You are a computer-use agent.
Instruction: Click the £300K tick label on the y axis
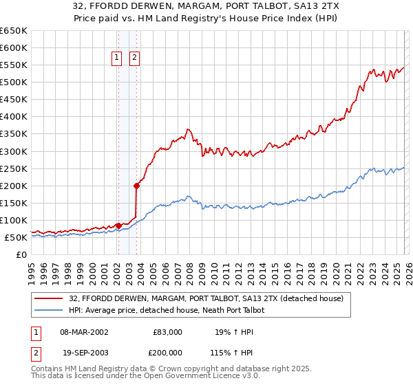coord(13,151)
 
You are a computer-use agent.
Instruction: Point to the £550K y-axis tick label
coord(13,65)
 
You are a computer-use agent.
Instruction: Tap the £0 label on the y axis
coord(21,255)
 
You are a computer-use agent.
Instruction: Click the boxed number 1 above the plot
coord(117,58)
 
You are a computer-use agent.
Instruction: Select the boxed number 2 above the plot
coord(134,58)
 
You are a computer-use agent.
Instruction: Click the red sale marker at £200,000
coord(137,185)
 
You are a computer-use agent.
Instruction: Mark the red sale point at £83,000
coord(118,225)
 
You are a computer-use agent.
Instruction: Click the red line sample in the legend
coord(49,298)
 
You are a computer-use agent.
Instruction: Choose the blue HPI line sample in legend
coord(49,310)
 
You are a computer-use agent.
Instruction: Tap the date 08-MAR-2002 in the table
coord(85,332)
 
